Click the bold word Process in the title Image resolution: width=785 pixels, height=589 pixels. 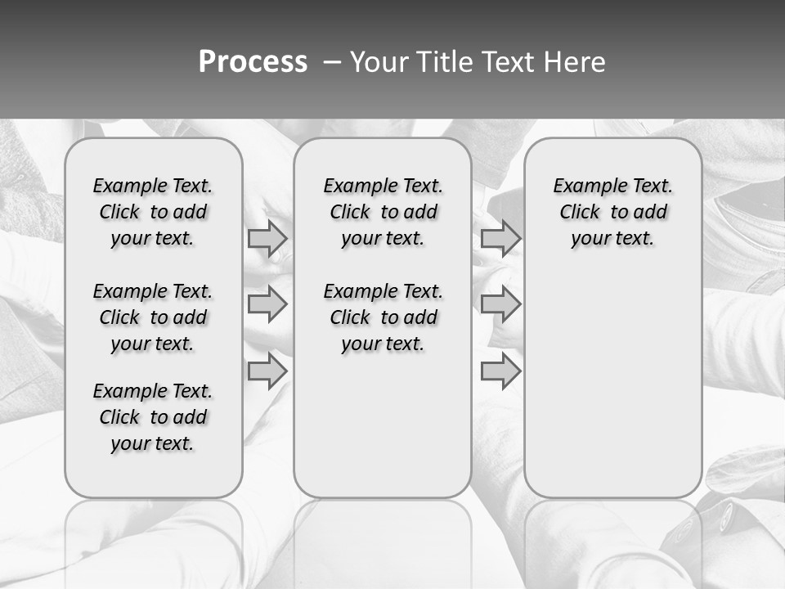[x=253, y=61]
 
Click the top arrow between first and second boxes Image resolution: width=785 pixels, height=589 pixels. [x=267, y=238]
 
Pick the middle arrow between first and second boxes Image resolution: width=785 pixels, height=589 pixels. [x=267, y=304]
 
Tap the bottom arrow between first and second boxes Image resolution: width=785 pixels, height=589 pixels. [x=267, y=371]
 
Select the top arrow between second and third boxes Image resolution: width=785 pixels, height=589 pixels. [x=500, y=238]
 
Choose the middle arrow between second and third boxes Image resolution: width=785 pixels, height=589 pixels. [x=500, y=304]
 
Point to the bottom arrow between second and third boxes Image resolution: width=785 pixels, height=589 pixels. [x=500, y=371]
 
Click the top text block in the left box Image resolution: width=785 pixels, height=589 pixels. [x=153, y=212]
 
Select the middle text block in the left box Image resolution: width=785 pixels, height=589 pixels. [x=153, y=317]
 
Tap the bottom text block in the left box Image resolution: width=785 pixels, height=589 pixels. [x=153, y=417]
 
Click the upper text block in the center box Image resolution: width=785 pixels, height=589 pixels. [x=383, y=212]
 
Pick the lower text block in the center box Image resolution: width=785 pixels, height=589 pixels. [x=383, y=317]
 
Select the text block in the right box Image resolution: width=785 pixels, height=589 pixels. [x=612, y=212]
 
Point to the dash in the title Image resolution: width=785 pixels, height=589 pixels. [x=331, y=61]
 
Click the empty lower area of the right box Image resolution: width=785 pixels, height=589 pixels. [x=612, y=384]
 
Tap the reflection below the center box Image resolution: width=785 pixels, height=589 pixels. [x=383, y=540]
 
